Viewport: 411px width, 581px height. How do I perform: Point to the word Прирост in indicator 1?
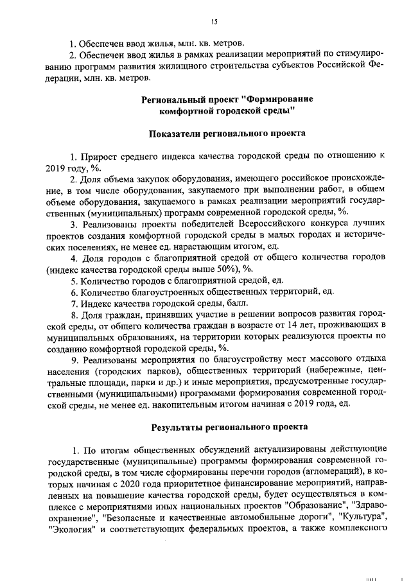point(98,156)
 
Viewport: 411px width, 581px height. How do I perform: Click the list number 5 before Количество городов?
point(74,281)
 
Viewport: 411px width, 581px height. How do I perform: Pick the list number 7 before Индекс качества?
point(74,303)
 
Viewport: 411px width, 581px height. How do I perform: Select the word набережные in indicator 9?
point(331,370)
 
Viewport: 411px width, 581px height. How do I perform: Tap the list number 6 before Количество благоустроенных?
point(74,292)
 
